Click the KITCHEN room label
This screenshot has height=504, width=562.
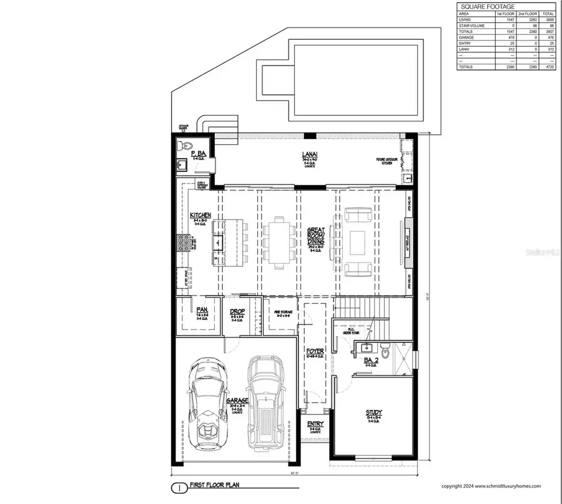[200, 215]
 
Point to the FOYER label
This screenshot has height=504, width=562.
[315, 351]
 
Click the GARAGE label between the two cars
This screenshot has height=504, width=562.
[237, 400]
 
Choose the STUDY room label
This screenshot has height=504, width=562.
[374, 412]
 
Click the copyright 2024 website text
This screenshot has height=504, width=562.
[491, 486]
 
